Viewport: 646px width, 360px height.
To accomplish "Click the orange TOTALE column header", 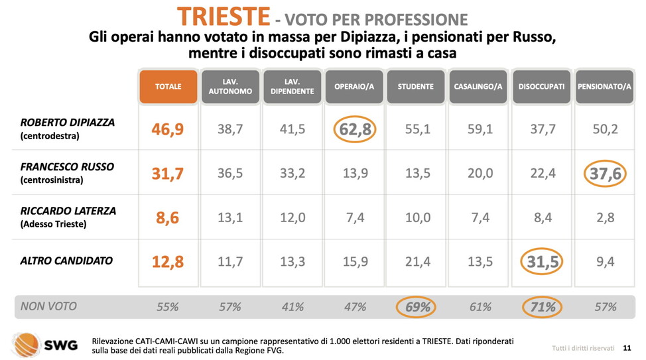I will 168,87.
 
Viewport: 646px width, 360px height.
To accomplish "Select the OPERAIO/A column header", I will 355,87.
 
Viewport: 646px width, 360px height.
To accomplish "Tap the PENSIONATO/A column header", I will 604,87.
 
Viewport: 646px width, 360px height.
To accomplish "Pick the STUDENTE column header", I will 416,87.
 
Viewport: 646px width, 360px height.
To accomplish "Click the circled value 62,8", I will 355,129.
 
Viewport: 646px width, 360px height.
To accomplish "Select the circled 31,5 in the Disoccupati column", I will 542,262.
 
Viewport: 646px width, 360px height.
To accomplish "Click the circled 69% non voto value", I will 417,307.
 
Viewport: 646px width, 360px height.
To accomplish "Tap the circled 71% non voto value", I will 542,307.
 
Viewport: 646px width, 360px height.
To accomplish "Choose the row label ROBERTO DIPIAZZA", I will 68,123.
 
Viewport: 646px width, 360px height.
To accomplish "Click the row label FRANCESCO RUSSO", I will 68,167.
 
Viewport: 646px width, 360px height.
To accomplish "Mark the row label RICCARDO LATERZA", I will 68,211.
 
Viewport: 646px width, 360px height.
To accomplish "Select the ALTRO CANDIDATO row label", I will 66,261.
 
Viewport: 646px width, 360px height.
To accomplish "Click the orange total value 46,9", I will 168,129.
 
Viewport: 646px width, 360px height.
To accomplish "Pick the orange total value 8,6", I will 168,217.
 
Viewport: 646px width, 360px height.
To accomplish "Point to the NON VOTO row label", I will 48,306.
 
